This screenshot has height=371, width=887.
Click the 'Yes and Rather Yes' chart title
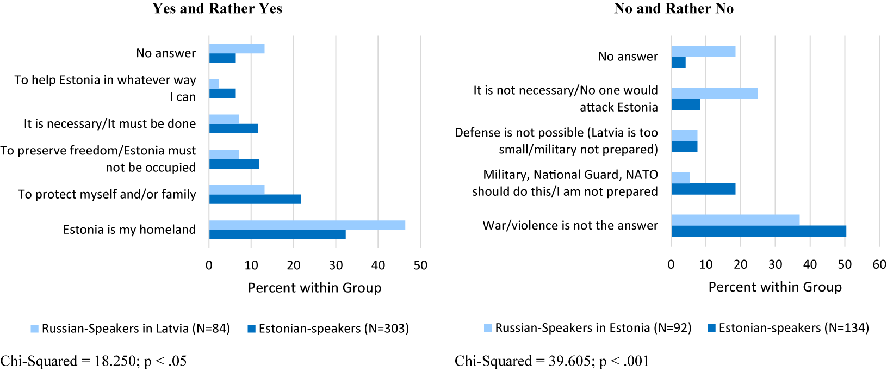(x=217, y=9)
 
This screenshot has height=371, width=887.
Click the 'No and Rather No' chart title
(x=673, y=9)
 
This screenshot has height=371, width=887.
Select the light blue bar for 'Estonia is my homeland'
(x=307, y=225)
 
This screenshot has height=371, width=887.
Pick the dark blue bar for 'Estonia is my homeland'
(x=277, y=234)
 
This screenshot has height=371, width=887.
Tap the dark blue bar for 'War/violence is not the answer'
(x=758, y=231)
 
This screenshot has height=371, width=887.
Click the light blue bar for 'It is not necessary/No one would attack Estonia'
(x=714, y=94)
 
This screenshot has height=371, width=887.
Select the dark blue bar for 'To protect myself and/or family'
(x=255, y=199)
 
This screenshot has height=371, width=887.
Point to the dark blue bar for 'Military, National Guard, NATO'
(x=703, y=189)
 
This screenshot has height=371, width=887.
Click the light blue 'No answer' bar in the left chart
(x=237, y=49)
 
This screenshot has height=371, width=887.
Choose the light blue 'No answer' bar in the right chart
(x=703, y=51)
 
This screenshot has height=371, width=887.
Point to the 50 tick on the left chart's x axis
(x=420, y=265)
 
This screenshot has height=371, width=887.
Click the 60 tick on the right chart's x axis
(x=879, y=265)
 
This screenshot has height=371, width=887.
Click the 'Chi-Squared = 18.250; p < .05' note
(x=94, y=361)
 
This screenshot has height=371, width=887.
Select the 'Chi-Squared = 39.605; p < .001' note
(x=551, y=361)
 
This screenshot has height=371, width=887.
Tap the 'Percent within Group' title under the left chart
(x=314, y=288)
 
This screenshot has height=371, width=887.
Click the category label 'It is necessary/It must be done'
(x=110, y=124)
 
